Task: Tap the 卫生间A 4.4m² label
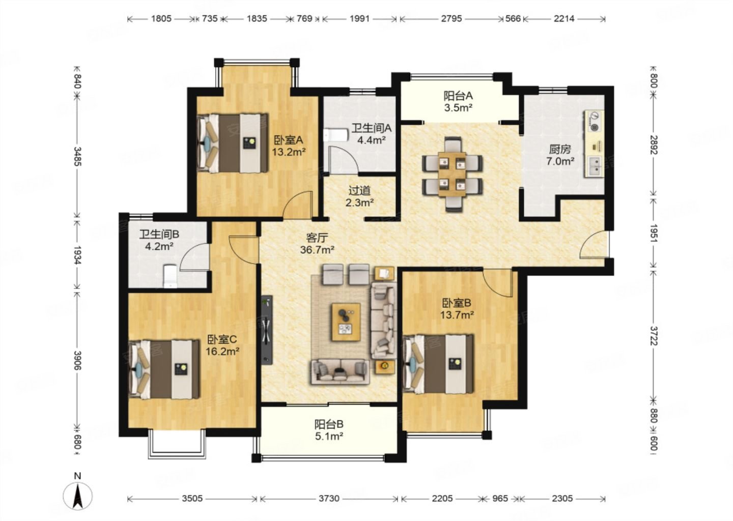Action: point(372,134)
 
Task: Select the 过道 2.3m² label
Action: point(359,196)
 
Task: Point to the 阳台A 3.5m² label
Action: point(458,101)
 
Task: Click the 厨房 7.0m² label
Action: point(560,155)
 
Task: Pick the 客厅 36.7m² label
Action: point(317,243)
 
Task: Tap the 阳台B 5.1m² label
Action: point(329,430)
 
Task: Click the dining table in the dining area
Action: point(452,175)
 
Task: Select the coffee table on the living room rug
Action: point(346,322)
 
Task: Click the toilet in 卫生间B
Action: point(170,276)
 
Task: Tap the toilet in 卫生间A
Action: point(335,135)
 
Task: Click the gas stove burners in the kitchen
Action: point(594,121)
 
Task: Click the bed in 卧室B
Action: point(438,363)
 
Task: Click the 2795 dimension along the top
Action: point(451,19)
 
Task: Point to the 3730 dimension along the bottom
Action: point(329,499)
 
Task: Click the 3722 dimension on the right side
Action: point(653,335)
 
